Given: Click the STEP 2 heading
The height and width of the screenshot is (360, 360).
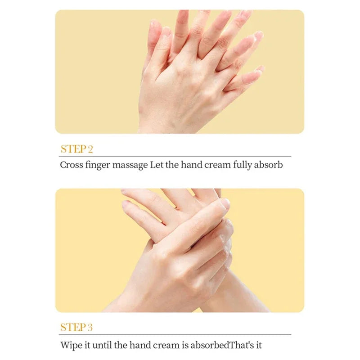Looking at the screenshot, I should [76, 149].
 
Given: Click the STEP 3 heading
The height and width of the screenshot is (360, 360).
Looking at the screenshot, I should [76, 328].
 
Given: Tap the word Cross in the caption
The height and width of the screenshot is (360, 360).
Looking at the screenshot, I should [72, 165].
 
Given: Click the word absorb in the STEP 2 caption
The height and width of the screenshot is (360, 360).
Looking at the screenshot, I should [269, 165].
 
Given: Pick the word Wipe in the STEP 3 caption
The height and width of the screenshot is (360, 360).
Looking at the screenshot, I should [70, 346].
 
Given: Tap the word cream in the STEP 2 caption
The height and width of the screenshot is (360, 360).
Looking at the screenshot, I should [217, 165].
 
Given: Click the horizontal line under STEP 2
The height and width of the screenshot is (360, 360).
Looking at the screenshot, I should [175, 156].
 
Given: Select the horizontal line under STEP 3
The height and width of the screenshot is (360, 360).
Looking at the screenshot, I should [175, 334].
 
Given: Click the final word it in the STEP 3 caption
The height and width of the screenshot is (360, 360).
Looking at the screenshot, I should [258, 346].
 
